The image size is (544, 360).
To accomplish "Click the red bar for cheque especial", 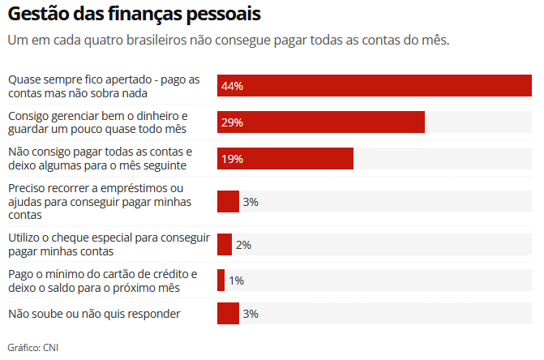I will [225, 244].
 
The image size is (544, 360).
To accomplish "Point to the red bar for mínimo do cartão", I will [221, 281].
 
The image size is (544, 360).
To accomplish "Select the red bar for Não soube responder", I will [228, 313].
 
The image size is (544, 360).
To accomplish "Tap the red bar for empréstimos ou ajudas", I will [228, 201].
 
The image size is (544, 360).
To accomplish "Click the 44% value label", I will [233, 86].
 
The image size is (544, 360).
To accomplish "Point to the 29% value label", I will [233, 122].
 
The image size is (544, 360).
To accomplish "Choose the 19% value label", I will [233, 159].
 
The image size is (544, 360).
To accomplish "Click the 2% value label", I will [243, 244].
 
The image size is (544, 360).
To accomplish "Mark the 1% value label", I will [236, 281].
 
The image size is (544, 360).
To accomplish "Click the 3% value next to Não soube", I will [251, 313].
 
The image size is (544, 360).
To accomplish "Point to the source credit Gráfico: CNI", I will [33, 348].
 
